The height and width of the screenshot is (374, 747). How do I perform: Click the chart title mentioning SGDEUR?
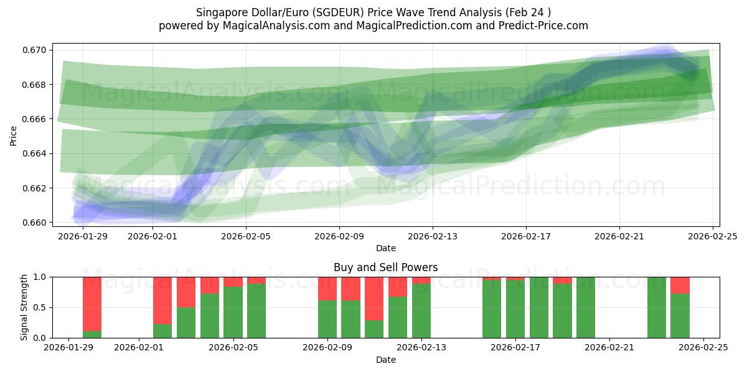373,12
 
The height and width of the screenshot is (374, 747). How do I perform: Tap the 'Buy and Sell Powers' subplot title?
385,267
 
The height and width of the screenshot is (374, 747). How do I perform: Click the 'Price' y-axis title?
14,135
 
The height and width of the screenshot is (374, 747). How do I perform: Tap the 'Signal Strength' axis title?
25,307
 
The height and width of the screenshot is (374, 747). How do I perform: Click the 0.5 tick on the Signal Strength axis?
41,307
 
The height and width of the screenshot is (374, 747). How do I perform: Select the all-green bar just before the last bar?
656,307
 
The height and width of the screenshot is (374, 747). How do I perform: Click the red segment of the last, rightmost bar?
680,285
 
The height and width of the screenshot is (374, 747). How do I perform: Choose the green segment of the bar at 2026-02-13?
421,311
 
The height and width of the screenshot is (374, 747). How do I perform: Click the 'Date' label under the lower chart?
385,360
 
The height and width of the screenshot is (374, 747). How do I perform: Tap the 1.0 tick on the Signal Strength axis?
41,277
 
